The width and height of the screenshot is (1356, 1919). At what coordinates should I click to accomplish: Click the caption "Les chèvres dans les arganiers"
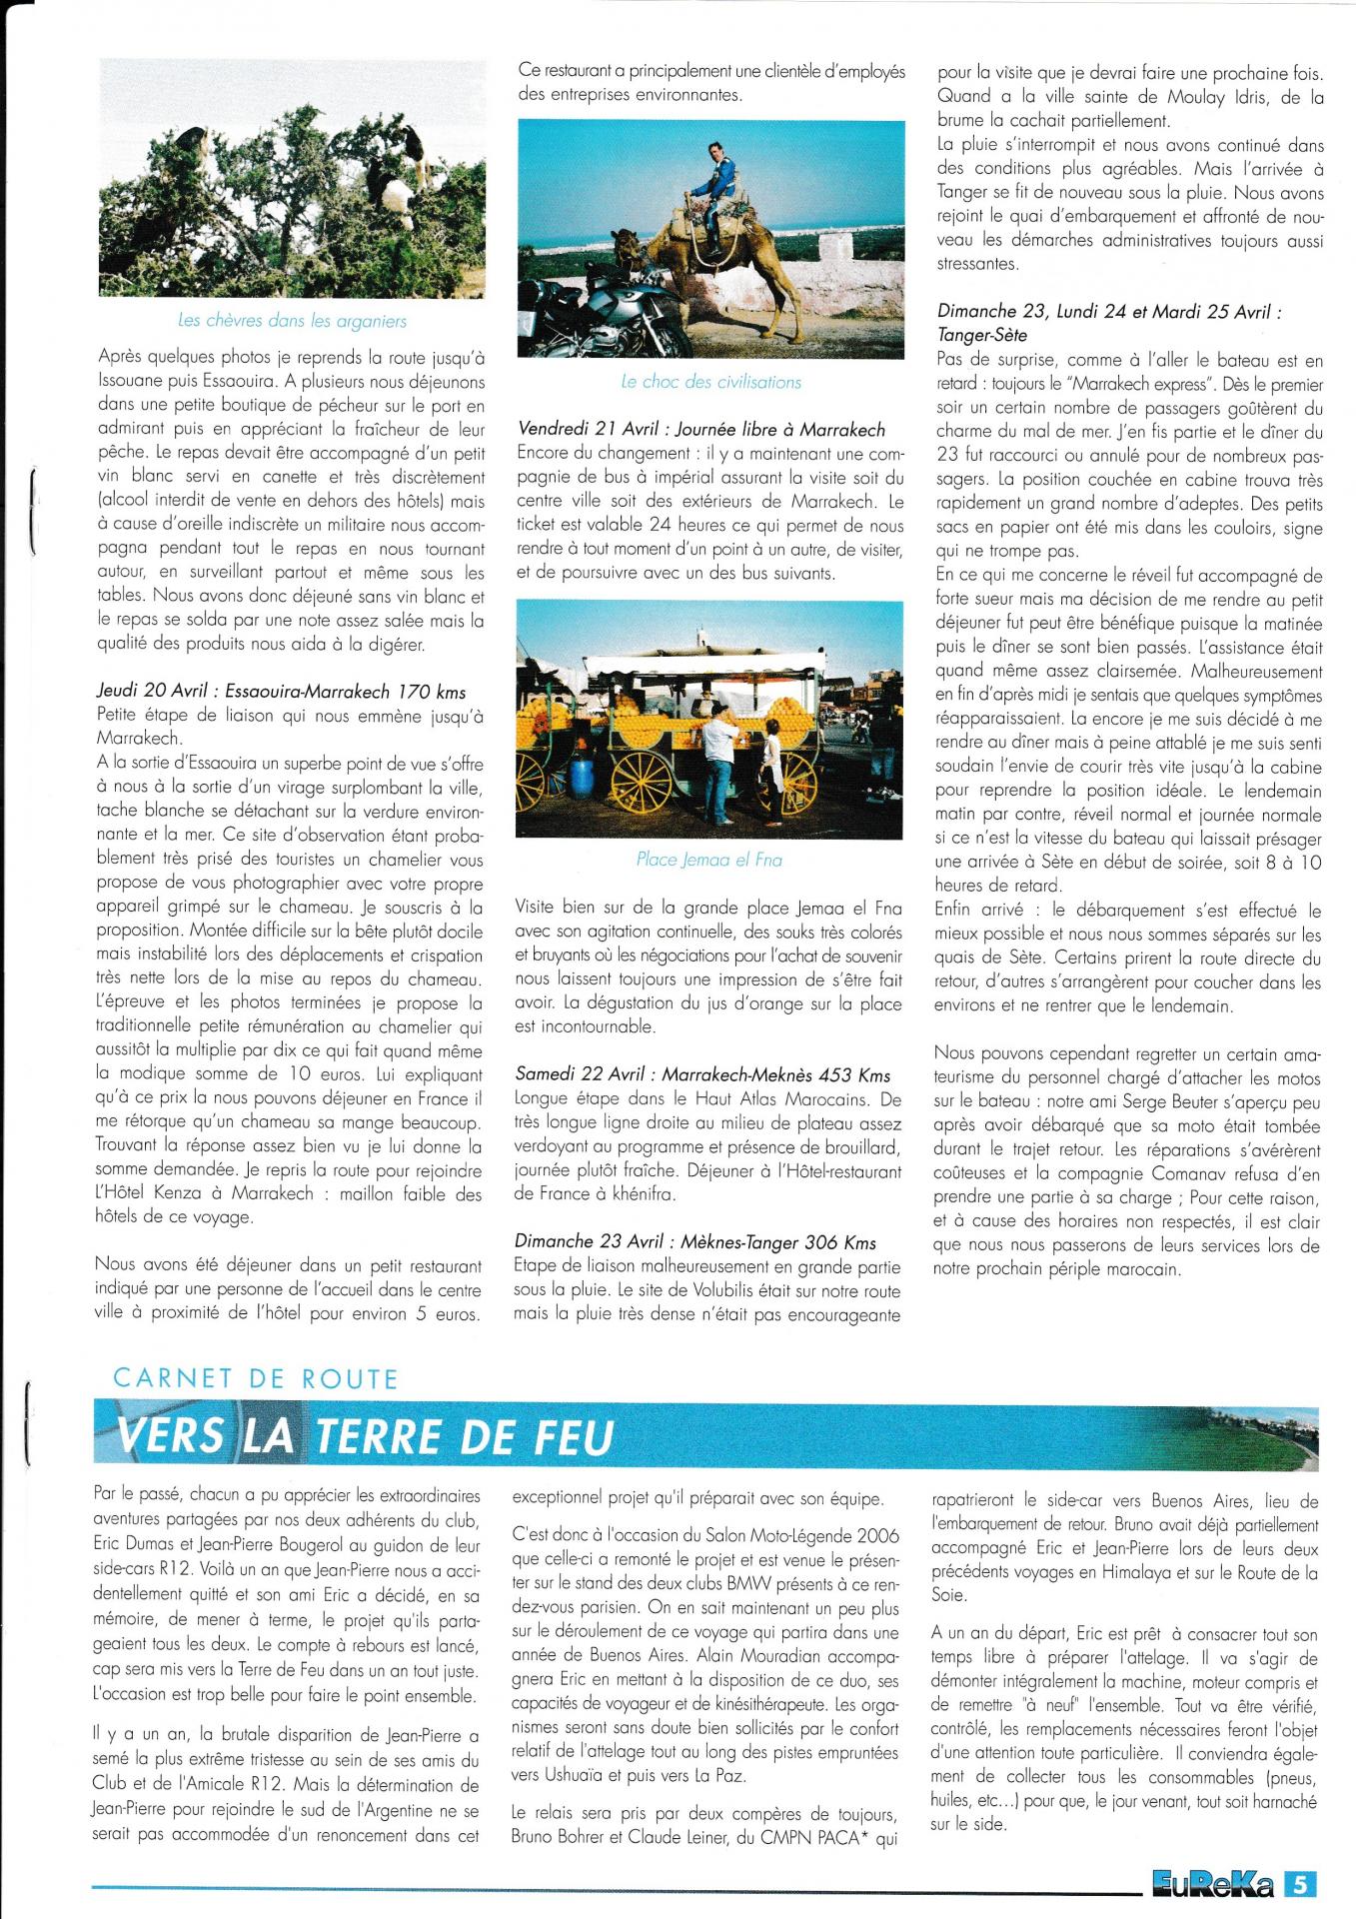point(292,321)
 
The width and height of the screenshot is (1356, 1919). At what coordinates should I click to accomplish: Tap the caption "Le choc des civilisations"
point(710,381)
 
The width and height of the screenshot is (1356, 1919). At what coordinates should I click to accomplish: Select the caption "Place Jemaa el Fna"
point(708,860)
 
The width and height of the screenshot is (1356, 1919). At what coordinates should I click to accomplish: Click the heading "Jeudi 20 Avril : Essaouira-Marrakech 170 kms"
point(281,692)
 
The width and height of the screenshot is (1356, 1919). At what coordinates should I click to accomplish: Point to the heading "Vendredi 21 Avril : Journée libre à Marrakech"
point(701,429)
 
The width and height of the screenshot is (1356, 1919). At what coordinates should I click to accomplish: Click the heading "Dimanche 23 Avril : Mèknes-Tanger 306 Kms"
point(695,1242)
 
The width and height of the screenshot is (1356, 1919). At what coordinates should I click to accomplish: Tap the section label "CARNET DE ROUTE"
point(256,1379)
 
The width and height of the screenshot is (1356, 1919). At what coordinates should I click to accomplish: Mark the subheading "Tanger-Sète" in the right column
point(982,335)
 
